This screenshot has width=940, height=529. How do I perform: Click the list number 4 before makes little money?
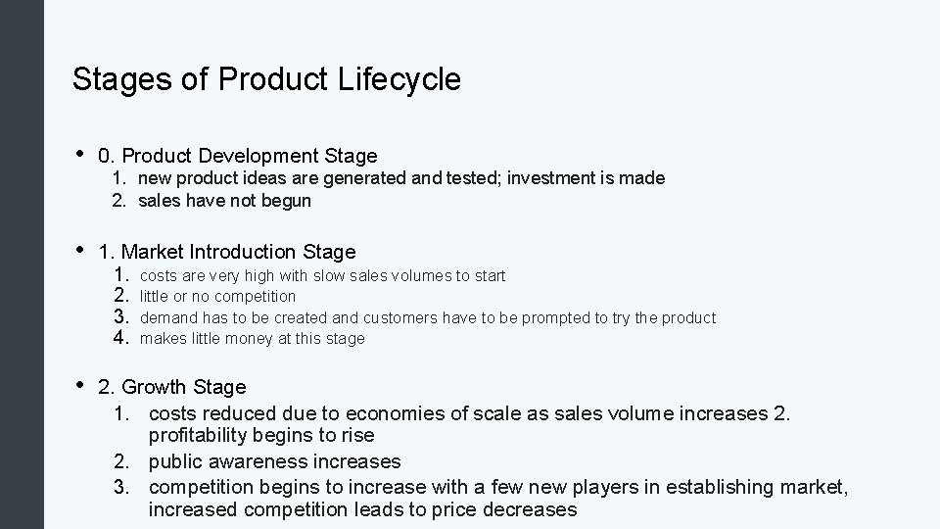pos(121,338)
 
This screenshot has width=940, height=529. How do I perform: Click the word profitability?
pos(203,435)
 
